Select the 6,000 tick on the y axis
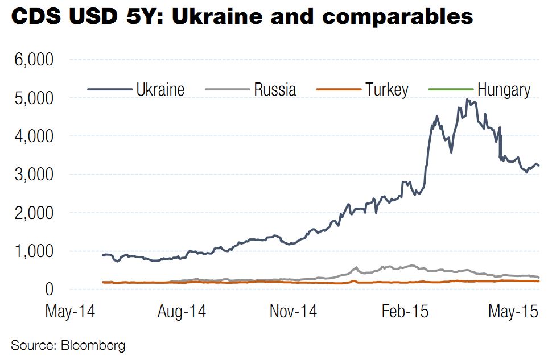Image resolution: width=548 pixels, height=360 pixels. coord(32,60)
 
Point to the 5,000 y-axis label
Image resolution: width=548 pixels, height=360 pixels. coord(32,98)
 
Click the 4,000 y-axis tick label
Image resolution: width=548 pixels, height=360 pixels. coord(32,136)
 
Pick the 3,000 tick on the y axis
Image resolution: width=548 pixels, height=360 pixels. coord(32,175)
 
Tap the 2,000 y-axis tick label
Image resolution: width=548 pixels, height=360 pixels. coord(32,213)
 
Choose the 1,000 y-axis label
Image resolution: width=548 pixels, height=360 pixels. coord(32,251)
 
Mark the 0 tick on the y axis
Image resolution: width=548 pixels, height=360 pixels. coord(49,289)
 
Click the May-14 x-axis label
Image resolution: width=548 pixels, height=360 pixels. coord(70,312)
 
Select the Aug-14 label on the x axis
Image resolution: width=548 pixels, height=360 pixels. coord(181,312)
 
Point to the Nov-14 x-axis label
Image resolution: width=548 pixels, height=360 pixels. coord(292,312)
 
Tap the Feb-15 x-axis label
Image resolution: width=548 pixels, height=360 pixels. coord(404,312)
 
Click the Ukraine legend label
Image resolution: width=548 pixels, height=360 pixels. coord(160,89)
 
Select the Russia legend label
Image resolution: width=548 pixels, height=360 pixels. coord(274,89)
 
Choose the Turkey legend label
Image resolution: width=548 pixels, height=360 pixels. coord(386,89)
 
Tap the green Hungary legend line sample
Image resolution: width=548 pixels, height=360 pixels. coord(450,89)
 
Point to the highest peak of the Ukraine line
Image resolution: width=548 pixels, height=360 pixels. coord(467,100)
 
